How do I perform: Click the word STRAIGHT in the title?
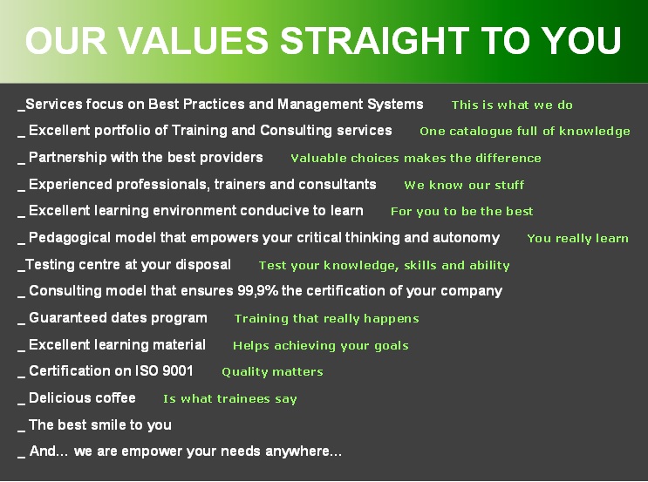pyautogui.click(x=375, y=40)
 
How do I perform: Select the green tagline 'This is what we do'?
pyautogui.click(x=512, y=105)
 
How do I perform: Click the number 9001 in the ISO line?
pyautogui.click(x=178, y=370)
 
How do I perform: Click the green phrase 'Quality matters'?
pyautogui.click(x=272, y=372)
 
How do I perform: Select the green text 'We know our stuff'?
pyautogui.click(x=464, y=185)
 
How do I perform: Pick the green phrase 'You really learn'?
pyautogui.click(x=577, y=238)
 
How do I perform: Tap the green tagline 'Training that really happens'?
pyautogui.click(x=326, y=319)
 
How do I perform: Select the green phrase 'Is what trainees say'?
pyautogui.click(x=230, y=399)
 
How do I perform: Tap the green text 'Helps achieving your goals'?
pyautogui.click(x=321, y=346)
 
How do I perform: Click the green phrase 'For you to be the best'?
pyautogui.click(x=461, y=212)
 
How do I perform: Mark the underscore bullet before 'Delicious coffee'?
pyautogui.click(x=22, y=404)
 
